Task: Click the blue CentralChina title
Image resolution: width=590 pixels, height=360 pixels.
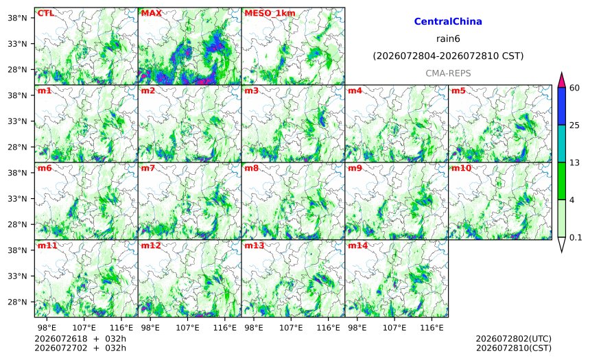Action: [x=448, y=21]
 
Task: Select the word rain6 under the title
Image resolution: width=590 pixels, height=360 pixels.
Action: [x=448, y=39]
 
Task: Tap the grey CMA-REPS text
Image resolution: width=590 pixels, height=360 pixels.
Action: [x=448, y=73]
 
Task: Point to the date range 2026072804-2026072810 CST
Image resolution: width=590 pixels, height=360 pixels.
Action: [x=448, y=56]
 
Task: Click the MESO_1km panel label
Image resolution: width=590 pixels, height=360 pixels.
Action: [x=270, y=13]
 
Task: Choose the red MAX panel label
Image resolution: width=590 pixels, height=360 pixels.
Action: [x=151, y=13]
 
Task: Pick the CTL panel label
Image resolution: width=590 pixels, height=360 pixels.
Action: [x=45, y=13]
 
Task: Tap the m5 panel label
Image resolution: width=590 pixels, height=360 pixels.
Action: [x=458, y=91]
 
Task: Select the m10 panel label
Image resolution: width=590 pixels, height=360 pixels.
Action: [x=461, y=168]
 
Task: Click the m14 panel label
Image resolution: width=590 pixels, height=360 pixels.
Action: [x=357, y=245]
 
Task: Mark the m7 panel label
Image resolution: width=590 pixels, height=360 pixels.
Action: [x=148, y=168]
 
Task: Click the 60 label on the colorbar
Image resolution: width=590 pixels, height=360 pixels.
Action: [x=575, y=88]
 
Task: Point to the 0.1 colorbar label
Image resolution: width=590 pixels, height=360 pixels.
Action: [x=576, y=237]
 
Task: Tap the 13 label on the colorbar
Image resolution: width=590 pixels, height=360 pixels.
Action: [x=574, y=163]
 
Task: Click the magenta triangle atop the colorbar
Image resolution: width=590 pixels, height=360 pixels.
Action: [x=562, y=80]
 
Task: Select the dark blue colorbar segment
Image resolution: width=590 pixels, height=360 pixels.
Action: [x=562, y=106]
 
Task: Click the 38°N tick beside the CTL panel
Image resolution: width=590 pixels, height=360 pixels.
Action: [x=17, y=18]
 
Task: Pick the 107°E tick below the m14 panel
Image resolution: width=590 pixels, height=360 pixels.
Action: [x=394, y=328]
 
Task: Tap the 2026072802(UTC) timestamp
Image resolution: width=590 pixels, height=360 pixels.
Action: [x=514, y=339]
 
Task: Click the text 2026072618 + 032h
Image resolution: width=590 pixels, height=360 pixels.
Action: [x=80, y=339]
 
